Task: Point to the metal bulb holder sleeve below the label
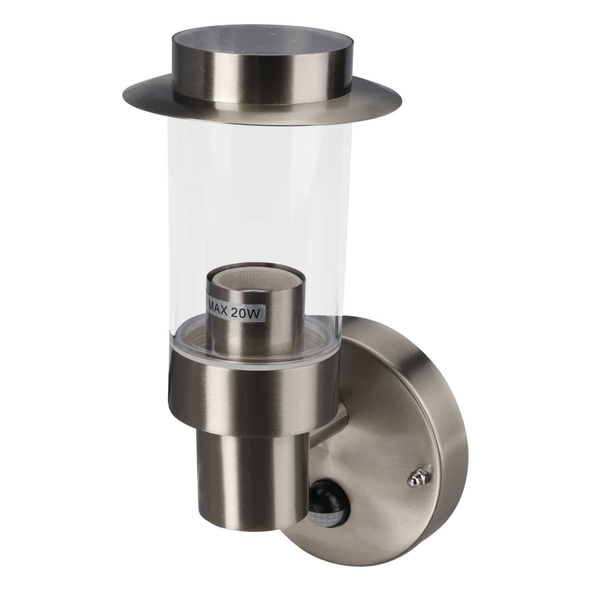236,335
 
